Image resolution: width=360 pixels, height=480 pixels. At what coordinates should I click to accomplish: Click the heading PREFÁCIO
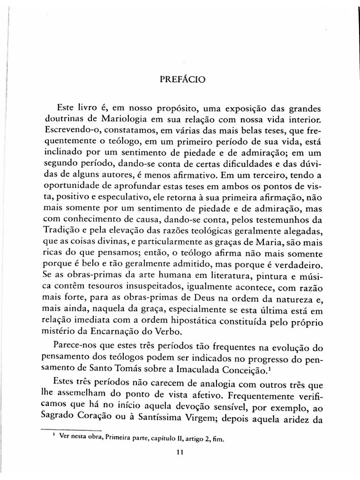coord(180,80)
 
